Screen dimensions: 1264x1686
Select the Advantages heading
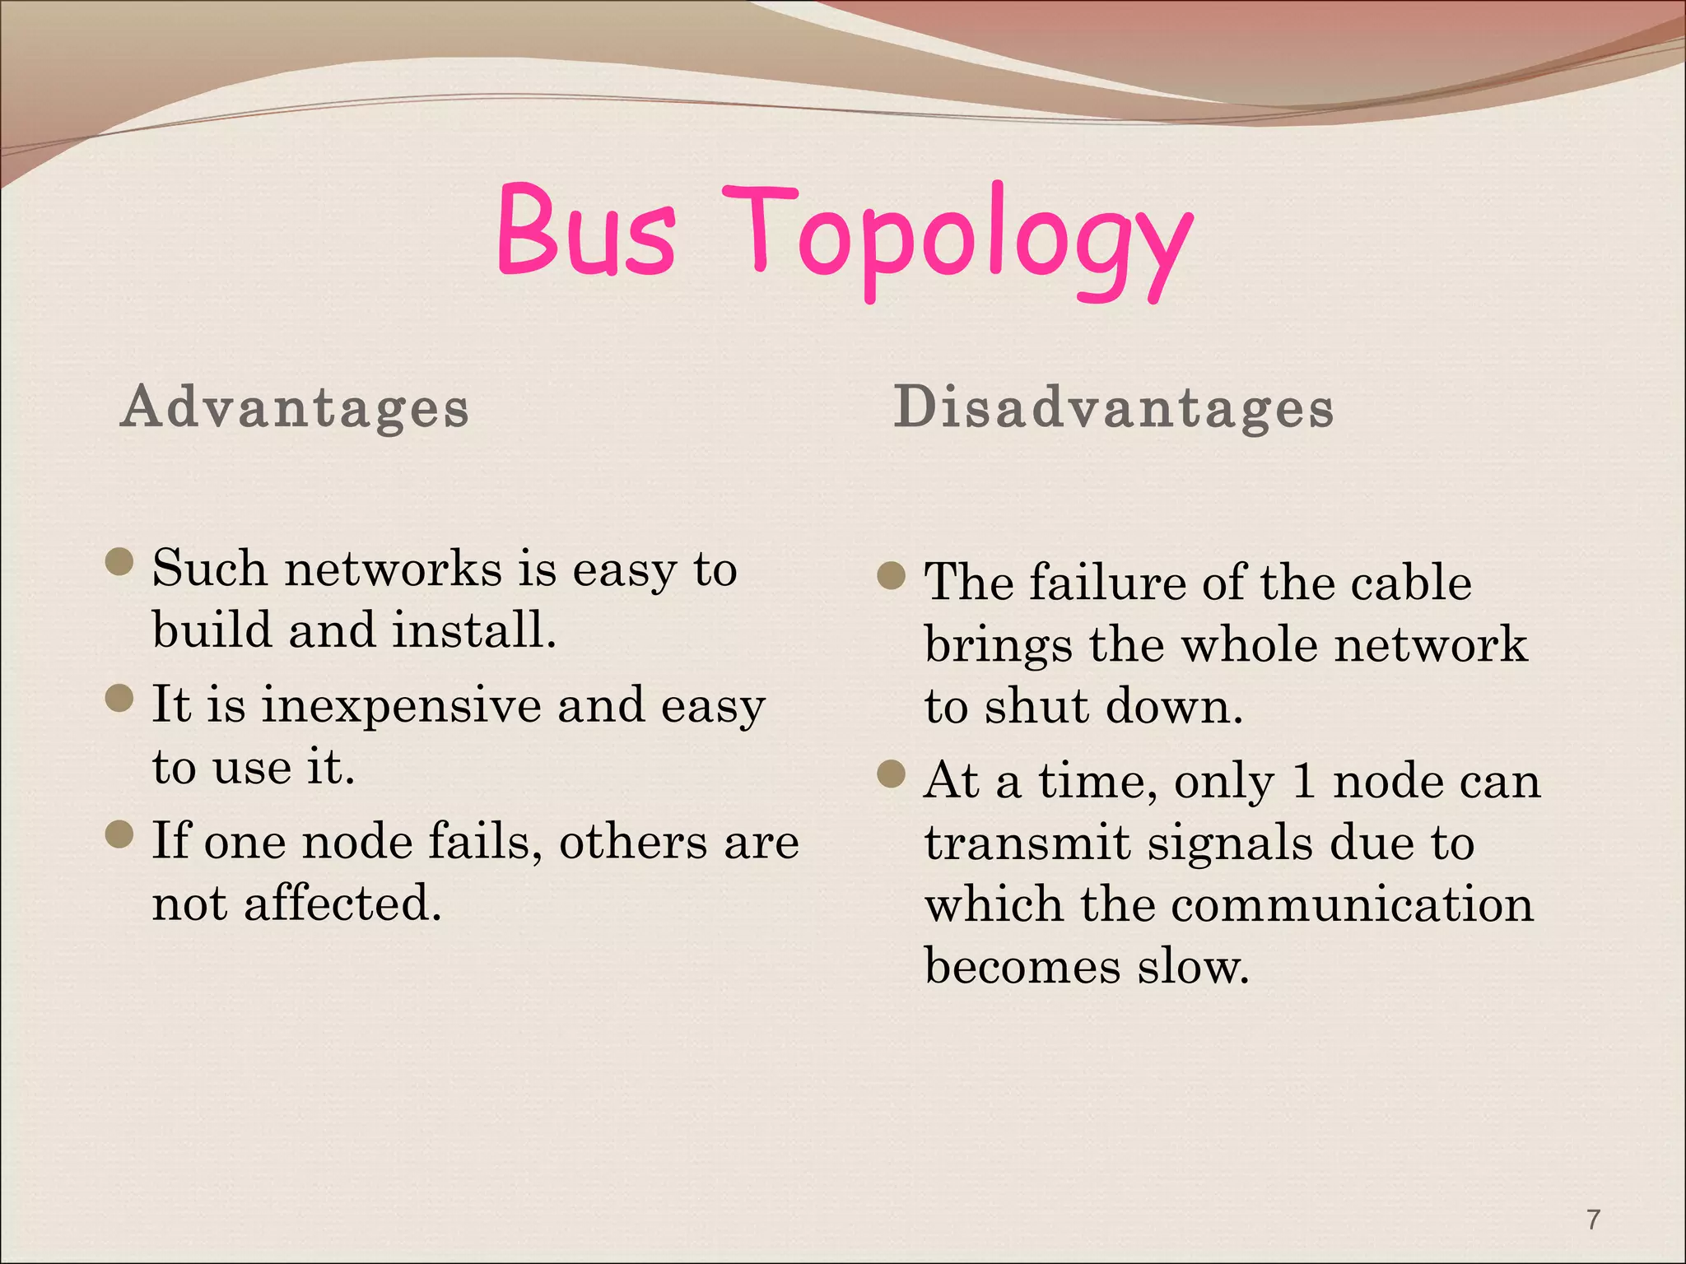coord(295,407)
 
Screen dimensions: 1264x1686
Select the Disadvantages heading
coord(1113,407)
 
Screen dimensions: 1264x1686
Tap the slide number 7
coord(1594,1219)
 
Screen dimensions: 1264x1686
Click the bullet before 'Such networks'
coord(120,563)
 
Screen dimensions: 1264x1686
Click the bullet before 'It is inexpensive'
coord(120,699)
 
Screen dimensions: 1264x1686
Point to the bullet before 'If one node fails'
coord(120,835)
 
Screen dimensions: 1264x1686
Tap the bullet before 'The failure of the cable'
coord(892,576)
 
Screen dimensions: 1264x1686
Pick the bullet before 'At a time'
coord(892,774)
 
